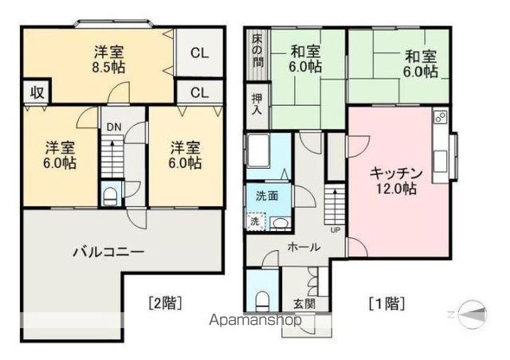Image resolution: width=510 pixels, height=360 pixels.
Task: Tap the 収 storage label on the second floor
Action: [37, 91]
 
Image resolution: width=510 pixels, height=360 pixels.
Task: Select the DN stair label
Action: [112, 127]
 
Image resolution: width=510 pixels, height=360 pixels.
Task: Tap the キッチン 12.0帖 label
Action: [393, 181]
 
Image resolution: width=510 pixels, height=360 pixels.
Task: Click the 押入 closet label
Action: [257, 104]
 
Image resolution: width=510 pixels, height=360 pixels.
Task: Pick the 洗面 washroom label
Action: [266, 196]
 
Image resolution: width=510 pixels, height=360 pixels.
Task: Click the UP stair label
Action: [335, 231]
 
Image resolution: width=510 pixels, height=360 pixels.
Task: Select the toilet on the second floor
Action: [112, 194]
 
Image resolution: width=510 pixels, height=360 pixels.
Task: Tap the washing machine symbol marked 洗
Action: [255, 221]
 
